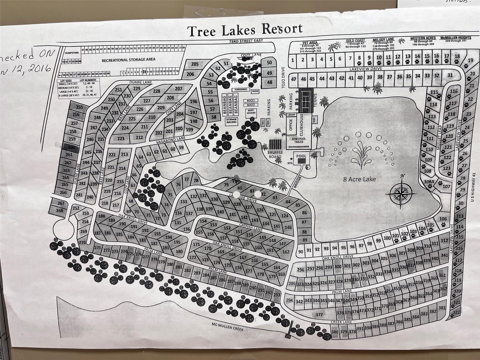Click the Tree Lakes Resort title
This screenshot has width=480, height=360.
pyautogui.click(x=245, y=30)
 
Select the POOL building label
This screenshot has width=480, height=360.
pyautogui.click(x=301, y=156)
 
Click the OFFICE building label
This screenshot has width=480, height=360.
pyautogui.click(x=290, y=125)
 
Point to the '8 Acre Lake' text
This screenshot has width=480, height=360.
pyautogui.click(x=359, y=179)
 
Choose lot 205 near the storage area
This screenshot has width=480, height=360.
pyautogui.click(x=195, y=64)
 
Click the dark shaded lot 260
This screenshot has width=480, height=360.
pyautogui.click(x=71, y=147)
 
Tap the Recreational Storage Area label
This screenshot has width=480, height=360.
pyautogui.click(x=128, y=60)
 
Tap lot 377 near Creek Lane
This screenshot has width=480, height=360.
pyautogui.click(x=319, y=315)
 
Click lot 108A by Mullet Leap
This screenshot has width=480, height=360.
pyautogui.click(x=429, y=181)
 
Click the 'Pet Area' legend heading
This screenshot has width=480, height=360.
pyautogui.click(x=310, y=43)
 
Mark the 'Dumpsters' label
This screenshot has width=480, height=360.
pyautogui.click(x=71, y=52)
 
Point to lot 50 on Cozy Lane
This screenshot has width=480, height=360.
pyautogui.click(x=269, y=63)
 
